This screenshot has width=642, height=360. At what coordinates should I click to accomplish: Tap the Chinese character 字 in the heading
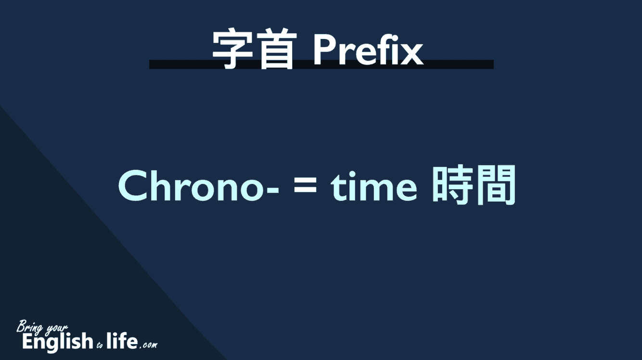click(233, 49)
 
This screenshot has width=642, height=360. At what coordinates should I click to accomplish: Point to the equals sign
click(305, 185)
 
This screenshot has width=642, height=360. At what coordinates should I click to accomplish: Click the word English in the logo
click(57, 342)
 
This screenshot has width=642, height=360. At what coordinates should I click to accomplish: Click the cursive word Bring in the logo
click(30, 327)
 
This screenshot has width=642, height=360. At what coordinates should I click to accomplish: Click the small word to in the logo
click(100, 346)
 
